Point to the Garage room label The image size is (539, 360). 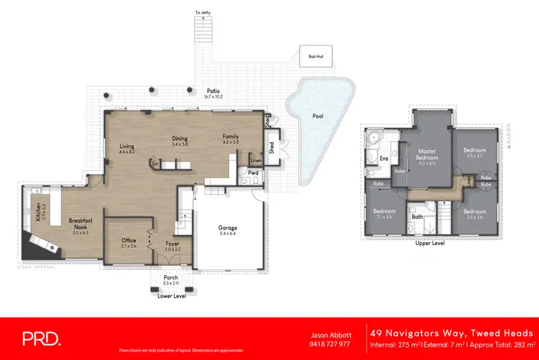(228, 228)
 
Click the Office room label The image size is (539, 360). (129, 241)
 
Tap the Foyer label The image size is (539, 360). (172, 244)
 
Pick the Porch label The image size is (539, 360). (171, 277)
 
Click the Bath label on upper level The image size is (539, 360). (417, 216)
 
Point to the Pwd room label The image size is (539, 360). (252, 172)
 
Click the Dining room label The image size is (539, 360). (179, 139)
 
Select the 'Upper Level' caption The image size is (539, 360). (430, 244)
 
